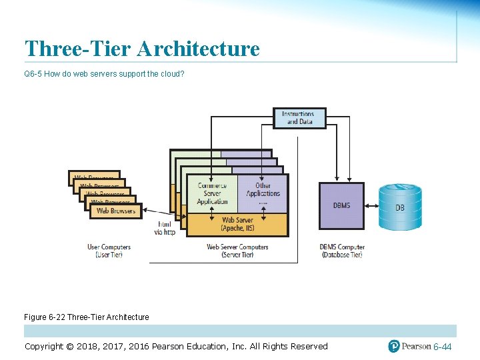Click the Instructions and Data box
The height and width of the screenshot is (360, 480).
pyautogui.click(x=299, y=118)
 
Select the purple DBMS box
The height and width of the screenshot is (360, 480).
pyautogui.click(x=341, y=206)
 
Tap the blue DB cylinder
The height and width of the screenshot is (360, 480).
pyautogui.click(x=400, y=207)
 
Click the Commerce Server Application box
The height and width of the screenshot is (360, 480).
pyautogui.click(x=212, y=194)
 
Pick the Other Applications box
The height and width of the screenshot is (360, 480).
pyautogui.click(x=263, y=194)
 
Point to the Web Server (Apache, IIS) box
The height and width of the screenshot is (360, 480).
pyautogui.click(x=237, y=225)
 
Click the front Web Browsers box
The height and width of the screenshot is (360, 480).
pyautogui.click(x=115, y=211)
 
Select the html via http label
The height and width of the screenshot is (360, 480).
pyautogui.click(x=164, y=229)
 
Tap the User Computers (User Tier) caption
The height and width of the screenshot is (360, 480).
pyautogui.click(x=109, y=251)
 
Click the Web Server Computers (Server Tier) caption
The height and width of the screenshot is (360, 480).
pyautogui.click(x=237, y=251)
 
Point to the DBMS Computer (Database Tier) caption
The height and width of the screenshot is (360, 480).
pyautogui.click(x=341, y=251)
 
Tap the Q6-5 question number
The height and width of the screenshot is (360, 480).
pyautogui.click(x=33, y=73)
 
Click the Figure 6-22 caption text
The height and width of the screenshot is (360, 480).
pyautogui.click(x=87, y=317)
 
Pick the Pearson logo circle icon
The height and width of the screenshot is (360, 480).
pyautogui.click(x=394, y=346)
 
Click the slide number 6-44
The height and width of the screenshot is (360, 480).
pyautogui.click(x=442, y=347)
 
